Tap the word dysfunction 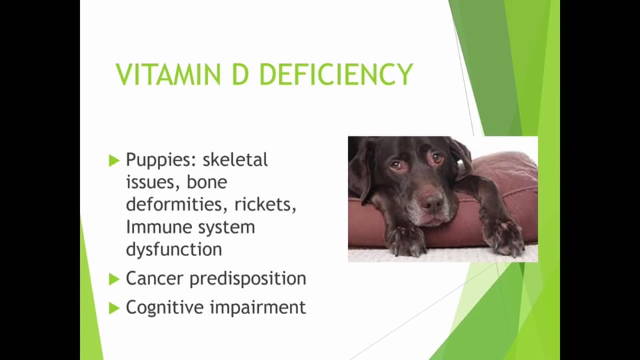click(173, 249)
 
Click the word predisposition click(248, 278)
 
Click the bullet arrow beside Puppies click(113, 161)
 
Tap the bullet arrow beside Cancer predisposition click(113, 279)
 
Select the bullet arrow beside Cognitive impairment click(113, 308)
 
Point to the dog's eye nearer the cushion click(437, 158)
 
